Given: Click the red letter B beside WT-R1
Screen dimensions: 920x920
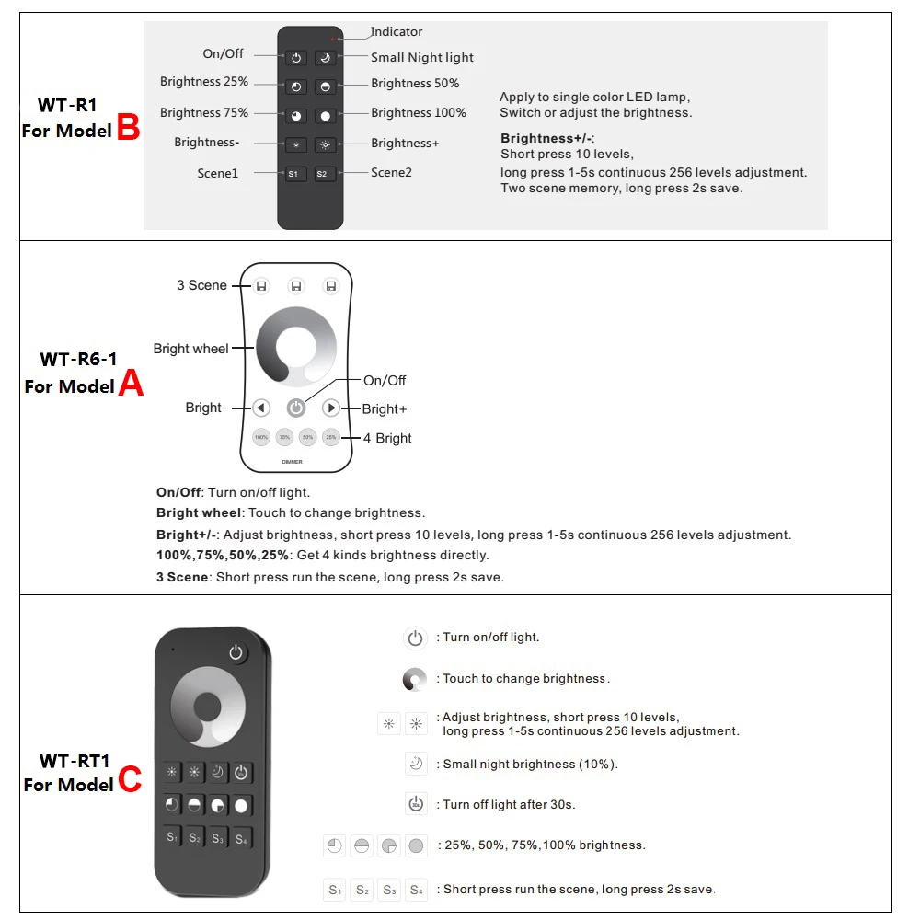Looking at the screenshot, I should (129, 128).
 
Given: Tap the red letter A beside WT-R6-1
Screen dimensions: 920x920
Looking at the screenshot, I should (131, 384).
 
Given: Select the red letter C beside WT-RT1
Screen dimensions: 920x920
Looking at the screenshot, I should (130, 781).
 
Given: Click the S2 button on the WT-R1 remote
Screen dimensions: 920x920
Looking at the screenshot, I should (323, 174).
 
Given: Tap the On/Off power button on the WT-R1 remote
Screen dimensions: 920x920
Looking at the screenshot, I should (295, 58).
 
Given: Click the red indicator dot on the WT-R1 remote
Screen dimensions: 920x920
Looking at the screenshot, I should (337, 40).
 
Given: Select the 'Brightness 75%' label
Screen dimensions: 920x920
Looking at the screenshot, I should (204, 113).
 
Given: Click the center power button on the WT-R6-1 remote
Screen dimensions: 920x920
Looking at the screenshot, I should (296, 408).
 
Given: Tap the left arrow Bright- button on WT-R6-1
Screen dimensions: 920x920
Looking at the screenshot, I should (261, 408).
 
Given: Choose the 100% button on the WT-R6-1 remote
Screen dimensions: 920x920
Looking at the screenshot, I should (261, 437).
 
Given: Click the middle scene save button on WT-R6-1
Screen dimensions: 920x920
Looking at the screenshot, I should (296, 286).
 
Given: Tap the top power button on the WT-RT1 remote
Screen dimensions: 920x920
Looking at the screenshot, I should (237, 653).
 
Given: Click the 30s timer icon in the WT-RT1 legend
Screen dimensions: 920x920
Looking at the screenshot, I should (416, 803).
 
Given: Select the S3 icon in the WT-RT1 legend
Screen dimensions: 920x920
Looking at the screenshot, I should (389, 890).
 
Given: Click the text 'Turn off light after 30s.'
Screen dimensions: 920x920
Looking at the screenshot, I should (509, 804).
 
